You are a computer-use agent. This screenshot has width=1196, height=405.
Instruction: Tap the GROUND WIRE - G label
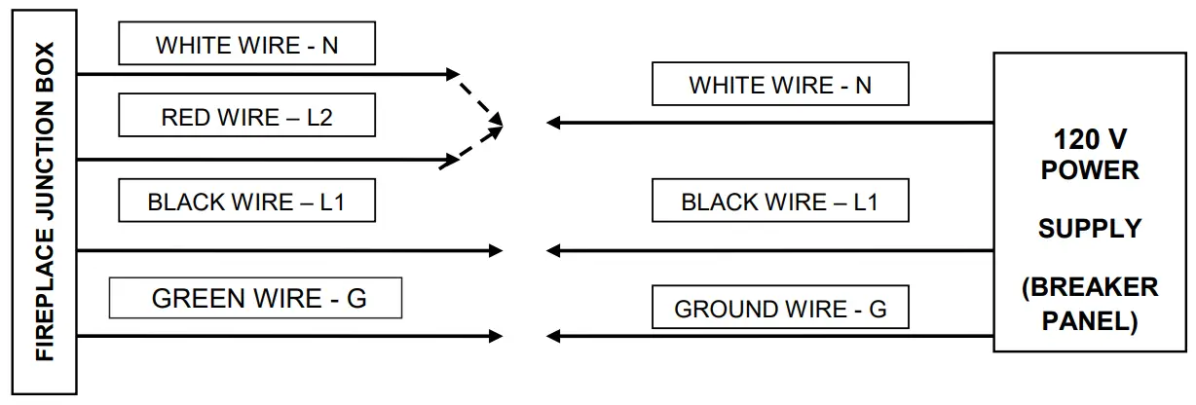pyautogui.click(x=780, y=310)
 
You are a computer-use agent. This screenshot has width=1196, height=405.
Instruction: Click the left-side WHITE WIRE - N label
pyautogui.click(x=246, y=45)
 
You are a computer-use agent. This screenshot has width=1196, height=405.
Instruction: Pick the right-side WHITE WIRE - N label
pyautogui.click(x=780, y=85)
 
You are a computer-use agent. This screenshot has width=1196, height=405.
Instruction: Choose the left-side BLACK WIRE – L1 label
pyautogui.click(x=246, y=202)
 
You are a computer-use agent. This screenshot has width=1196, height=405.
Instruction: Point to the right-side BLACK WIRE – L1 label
pyautogui.click(x=779, y=202)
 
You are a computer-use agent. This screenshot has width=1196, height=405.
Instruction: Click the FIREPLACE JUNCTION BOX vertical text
pyautogui.click(x=45, y=202)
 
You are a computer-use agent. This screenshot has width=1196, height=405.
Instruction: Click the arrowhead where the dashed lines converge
pyautogui.click(x=497, y=123)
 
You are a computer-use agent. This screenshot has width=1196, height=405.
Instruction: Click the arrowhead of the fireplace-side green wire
pyautogui.click(x=497, y=337)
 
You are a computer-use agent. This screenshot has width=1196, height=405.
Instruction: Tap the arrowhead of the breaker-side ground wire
pyautogui.click(x=553, y=337)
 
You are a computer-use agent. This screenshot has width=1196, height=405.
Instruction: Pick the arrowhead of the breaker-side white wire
pyautogui.click(x=553, y=123)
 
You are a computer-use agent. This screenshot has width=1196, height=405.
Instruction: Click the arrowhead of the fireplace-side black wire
pyautogui.click(x=497, y=251)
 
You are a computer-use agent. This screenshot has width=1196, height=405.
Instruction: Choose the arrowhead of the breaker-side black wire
pyautogui.click(x=553, y=251)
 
